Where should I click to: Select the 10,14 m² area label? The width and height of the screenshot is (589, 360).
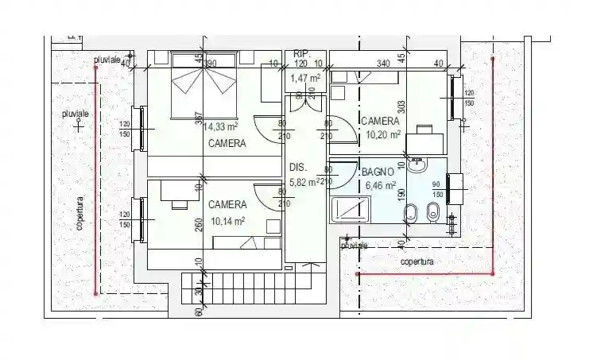(x=227, y=221)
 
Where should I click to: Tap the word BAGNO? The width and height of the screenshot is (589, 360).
(x=378, y=172)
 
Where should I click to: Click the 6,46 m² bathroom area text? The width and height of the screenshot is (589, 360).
(x=379, y=185)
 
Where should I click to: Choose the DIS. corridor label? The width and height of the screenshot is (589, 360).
(x=298, y=168)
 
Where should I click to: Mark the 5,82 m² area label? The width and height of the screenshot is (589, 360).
(x=305, y=182)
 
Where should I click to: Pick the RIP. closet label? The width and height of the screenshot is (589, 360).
(x=301, y=52)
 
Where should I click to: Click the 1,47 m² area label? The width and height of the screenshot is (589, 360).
(x=304, y=78)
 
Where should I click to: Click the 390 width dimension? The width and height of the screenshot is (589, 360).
(x=211, y=63)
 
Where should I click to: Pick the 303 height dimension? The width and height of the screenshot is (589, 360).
(x=402, y=107)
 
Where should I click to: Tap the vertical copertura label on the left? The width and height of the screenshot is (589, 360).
(x=79, y=215)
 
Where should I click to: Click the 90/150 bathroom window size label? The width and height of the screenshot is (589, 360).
(x=436, y=189)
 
